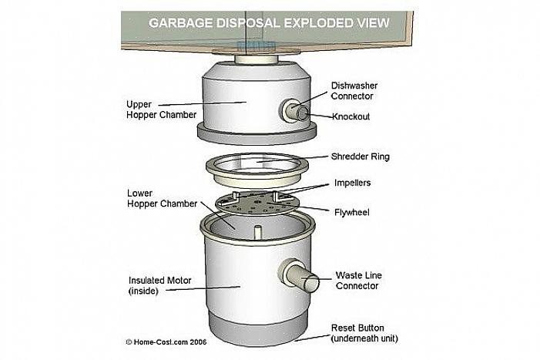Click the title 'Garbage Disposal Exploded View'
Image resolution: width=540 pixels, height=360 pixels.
[x=268, y=23]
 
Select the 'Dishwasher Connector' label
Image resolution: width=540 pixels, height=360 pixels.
[x=352, y=91]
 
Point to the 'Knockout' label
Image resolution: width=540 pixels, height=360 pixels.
[x=351, y=117]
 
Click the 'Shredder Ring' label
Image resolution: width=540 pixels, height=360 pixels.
[x=361, y=156]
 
